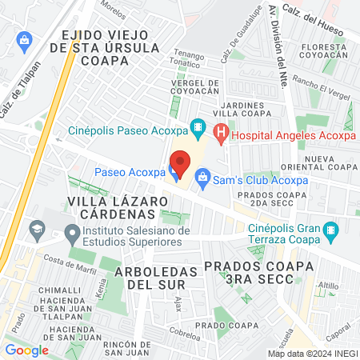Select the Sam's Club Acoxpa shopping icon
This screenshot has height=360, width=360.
click(202, 176)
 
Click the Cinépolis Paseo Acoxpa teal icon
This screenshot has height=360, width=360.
click(198, 129)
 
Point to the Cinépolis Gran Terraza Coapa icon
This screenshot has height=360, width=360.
click(331, 233)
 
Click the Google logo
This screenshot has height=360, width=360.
click(26, 350)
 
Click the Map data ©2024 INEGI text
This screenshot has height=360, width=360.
click(312, 353)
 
